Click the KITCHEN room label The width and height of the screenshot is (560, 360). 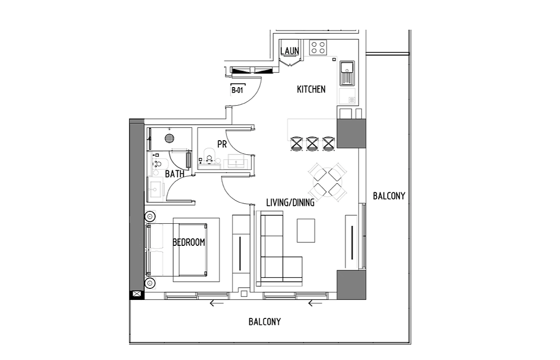pyautogui.click(x=311, y=89)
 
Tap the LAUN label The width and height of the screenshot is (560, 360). pyautogui.click(x=290, y=51)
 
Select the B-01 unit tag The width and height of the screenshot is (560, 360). pyautogui.click(x=237, y=90)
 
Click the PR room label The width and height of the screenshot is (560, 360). pyautogui.click(x=222, y=144)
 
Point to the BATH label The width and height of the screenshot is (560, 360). pyautogui.click(x=175, y=174)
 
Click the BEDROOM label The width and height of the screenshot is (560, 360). pyautogui.click(x=189, y=242)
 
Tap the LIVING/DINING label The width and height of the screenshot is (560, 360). pyautogui.click(x=291, y=203)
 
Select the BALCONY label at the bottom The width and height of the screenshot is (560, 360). pyautogui.click(x=264, y=322)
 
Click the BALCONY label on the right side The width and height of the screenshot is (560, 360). pyautogui.click(x=389, y=196)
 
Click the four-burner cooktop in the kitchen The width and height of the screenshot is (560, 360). pyautogui.click(x=318, y=47)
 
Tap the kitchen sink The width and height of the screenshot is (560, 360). pyautogui.click(x=347, y=74)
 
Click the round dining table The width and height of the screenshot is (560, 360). pyautogui.click(x=328, y=182)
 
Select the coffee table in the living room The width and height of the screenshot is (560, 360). pyautogui.click(x=306, y=231)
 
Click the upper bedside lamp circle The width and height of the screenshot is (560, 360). pyautogui.click(x=150, y=216)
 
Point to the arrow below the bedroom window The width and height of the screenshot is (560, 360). pyautogui.click(x=216, y=303)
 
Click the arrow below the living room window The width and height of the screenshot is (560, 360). pyautogui.click(x=315, y=303)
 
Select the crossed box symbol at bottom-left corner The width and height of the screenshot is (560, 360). pyautogui.click(x=137, y=294)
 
